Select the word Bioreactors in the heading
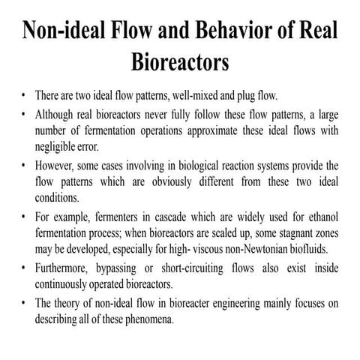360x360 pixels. pyautogui.click(x=180, y=62)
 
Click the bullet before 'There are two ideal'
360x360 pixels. pyautogui.click(x=25, y=97)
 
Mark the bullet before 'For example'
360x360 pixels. pyautogui.click(x=25, y=215)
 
